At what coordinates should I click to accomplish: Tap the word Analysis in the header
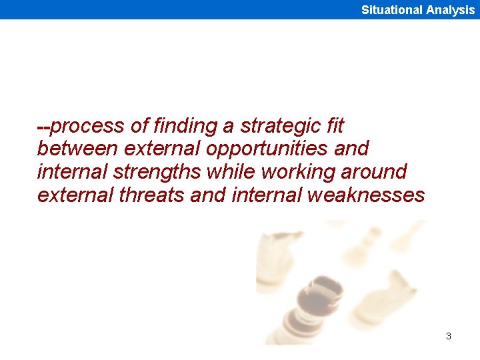click(451, 10)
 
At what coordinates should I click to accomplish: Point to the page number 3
click(449, 336)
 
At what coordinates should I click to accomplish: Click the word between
click(76, 148)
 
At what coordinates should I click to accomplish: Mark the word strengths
click(157, 172)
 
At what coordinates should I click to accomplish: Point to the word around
click(373, 171)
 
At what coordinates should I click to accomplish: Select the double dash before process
click(43, 126)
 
